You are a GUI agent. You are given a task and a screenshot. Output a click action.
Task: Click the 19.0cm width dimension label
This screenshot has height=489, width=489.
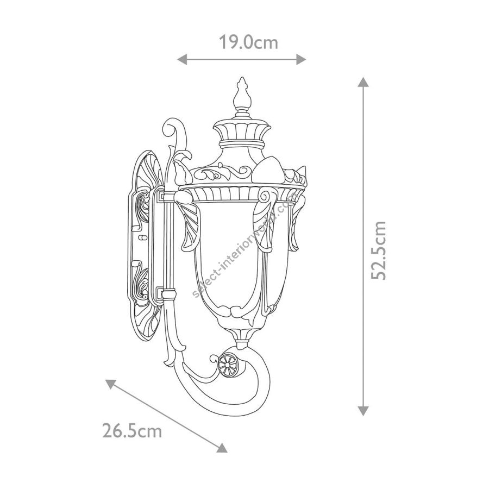248,42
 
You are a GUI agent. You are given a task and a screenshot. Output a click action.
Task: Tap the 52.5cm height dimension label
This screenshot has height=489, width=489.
379,250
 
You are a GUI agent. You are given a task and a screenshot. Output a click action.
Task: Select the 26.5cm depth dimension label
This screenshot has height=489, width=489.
132,431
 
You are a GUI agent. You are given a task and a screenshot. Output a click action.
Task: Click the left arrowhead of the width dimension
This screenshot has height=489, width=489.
182,59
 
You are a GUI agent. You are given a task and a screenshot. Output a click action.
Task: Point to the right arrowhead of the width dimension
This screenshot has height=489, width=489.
301,59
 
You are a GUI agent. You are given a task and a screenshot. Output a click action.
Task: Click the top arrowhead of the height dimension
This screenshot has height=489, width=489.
363,81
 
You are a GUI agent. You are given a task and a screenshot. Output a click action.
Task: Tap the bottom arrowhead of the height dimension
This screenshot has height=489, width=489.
363,411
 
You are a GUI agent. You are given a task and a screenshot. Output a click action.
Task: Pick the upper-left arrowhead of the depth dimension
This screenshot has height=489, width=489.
110,384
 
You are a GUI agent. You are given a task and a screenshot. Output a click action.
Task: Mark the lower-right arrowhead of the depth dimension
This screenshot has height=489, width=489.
222,448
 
